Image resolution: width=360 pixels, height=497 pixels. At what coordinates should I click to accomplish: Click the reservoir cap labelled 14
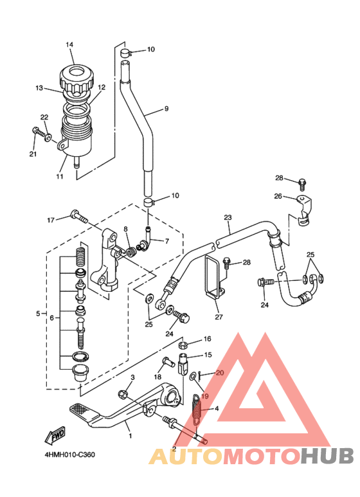click(x=76, y=78)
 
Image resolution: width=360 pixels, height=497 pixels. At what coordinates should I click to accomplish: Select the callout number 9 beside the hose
click(x=166, y=109)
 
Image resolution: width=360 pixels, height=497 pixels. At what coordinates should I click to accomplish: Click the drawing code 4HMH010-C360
click(x=69, y=455)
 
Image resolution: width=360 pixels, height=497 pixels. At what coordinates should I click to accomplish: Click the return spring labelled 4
click(x=197, y=409)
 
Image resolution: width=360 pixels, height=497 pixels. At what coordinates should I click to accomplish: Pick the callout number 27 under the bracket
click(x=219, y=316)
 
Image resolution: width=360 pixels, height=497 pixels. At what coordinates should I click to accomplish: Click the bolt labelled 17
click(x=79, y=217)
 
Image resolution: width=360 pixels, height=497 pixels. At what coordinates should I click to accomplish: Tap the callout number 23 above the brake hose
click(x=228, y=217)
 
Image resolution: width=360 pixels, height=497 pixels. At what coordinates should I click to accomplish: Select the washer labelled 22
click(x=48, y=138)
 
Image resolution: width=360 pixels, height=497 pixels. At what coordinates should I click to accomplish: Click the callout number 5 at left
click(x=38, y=314)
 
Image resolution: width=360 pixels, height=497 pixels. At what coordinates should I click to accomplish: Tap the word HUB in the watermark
click(x=327, y=456)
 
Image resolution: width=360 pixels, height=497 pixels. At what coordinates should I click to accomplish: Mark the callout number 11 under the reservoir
click(x=60, y=177)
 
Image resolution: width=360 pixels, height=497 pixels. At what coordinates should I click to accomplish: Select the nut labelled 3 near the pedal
click(x=123, y=395)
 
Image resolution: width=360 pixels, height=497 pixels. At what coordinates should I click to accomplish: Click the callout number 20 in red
click(x=220, y=373)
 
